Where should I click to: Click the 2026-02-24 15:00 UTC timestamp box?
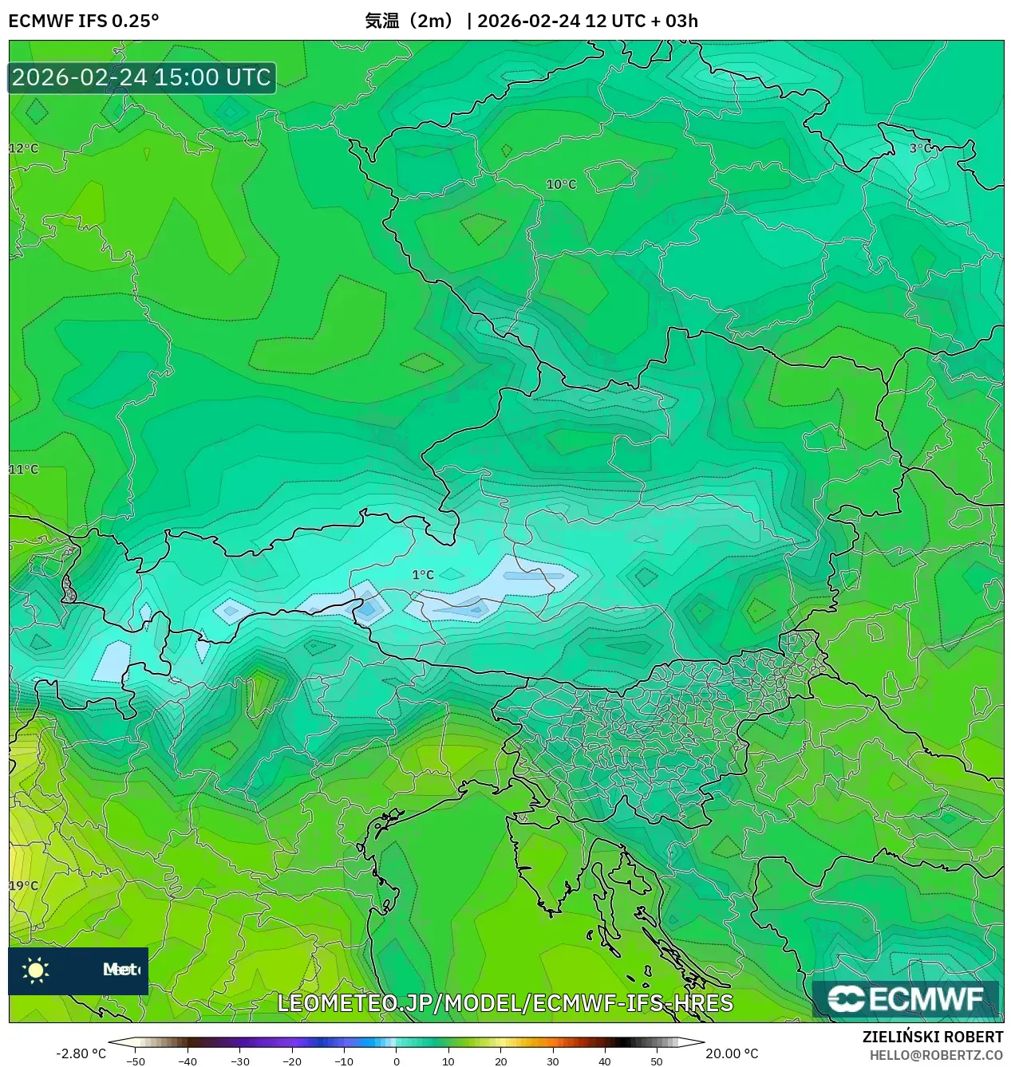[x=142, y=77]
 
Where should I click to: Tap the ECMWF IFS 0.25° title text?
[x=84, y=21]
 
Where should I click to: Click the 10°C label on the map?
[x=561, y=184]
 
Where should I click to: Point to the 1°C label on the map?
[x=423, y=574]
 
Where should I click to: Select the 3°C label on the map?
[x=920, y=148]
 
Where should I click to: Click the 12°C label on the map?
[x=24, y=148]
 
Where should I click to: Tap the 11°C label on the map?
[x=24, y=469]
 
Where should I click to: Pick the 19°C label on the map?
[x=24, y=885]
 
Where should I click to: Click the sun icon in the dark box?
[x=36, y=970]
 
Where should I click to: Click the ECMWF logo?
[x=906, y=998]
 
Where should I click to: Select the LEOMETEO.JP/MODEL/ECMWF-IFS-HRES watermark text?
[x=505, y=1002]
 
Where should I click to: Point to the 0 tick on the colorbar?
[x=397, y=1061]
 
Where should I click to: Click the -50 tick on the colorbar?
[x=136, y=1061]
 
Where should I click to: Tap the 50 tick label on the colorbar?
[x=656, y=1061]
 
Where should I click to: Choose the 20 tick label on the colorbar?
[x=500, y=1061]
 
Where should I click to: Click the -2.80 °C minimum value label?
[x=81, y=1053]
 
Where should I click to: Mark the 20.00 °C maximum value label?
[x=732, y=1053]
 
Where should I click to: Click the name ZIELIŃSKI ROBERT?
[x=932, y=1037]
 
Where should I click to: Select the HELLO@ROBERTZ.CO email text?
[x=935, y=1055]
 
